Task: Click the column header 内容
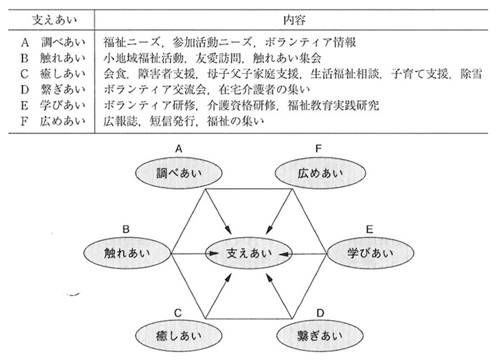(x=294, y=20)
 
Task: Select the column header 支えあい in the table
(x=55, y=20)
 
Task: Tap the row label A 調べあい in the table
(x=53, y=42)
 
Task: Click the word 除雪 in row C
(x=471, y=74)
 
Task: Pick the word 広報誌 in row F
(x=120, y=122)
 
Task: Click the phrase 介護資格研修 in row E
(x=241, y=105)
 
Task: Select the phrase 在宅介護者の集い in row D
(x=264, y=90)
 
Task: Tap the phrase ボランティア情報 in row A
(x=310, y=42)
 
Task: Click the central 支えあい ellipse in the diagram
(x=248, y=253)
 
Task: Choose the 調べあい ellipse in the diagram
(x=179, y=173)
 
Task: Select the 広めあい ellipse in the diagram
(x=320, y=173)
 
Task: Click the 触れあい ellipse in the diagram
(x=127, y=253)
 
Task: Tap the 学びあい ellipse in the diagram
(x=370, y=253)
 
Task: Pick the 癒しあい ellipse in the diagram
(x=179, y=336)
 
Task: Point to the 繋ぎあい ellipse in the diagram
(x=320, y=336)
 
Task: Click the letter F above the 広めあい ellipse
(x=318, y=149)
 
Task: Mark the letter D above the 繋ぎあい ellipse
(x=320, y=312)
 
